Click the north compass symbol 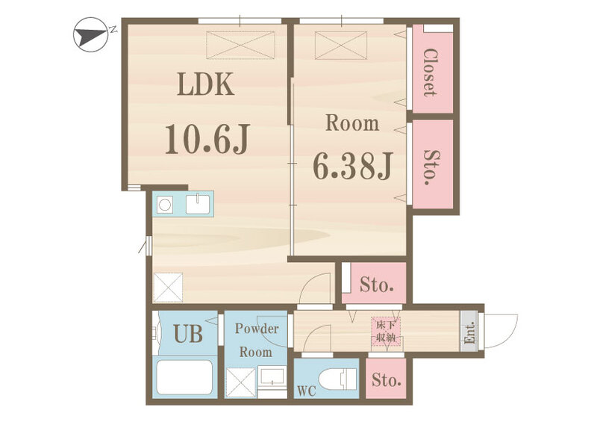(90, 34)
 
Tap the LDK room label (206, 84)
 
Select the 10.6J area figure (207, 139)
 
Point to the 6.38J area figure (352, 167)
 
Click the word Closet (431, 72)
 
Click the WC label (307, 391)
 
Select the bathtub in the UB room (184, 377)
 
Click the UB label (188, 334)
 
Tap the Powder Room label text (256, 340)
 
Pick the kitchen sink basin (198, 205)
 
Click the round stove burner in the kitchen (164, 205)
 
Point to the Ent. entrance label (470, 332)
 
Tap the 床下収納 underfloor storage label (386, 332)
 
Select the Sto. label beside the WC (386, 379)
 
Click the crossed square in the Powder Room (240, 382)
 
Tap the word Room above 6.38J (352, 123)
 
